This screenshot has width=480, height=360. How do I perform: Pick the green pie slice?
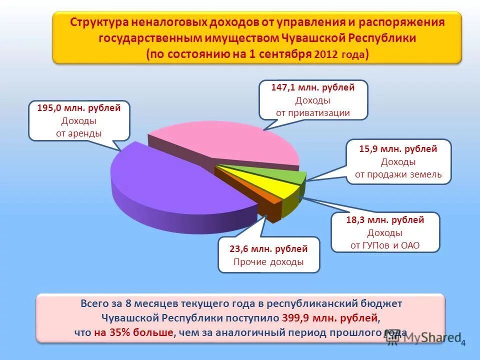[280, 172]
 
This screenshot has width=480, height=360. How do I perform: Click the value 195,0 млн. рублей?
[79, 108]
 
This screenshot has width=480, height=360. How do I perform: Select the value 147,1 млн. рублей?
[313, 87]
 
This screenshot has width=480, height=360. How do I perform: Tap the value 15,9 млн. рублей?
[398, 149]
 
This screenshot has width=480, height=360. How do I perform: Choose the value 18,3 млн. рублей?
[385, 220]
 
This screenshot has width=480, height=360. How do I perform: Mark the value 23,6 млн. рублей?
[268, 248]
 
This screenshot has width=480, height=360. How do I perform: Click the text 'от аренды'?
[79, 133]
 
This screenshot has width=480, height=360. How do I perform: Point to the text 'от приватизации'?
[313, 112]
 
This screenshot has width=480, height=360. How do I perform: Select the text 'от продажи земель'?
[398, 174]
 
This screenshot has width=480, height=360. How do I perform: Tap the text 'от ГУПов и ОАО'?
[385, 245]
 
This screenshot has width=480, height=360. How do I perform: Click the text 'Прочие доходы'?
[268, 262]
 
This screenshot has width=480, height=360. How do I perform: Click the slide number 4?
[463, 343]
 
